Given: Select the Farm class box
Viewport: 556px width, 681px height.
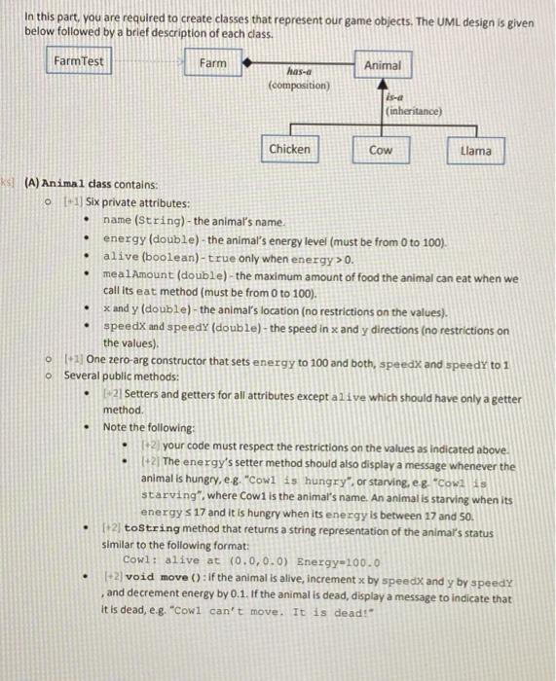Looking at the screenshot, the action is coord(212,63).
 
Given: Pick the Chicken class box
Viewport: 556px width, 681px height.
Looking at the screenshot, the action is coord(290,149).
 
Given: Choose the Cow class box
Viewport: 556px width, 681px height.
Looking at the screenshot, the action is coord(381,151).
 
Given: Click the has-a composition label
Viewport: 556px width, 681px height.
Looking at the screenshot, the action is coord(298,78).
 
